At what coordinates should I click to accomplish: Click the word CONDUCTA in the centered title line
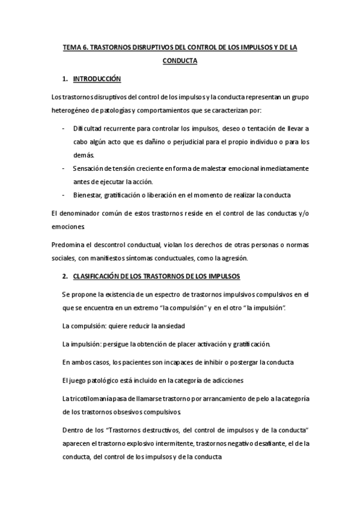click(x=180, y=61)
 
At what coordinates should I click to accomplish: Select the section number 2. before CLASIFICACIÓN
click(x=65, y=276)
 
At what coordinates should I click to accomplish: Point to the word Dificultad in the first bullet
click(x=87, y=129)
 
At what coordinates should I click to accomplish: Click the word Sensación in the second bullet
click(x=88, y=168)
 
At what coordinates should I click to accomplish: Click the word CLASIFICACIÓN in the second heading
click(x=106, y=276)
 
